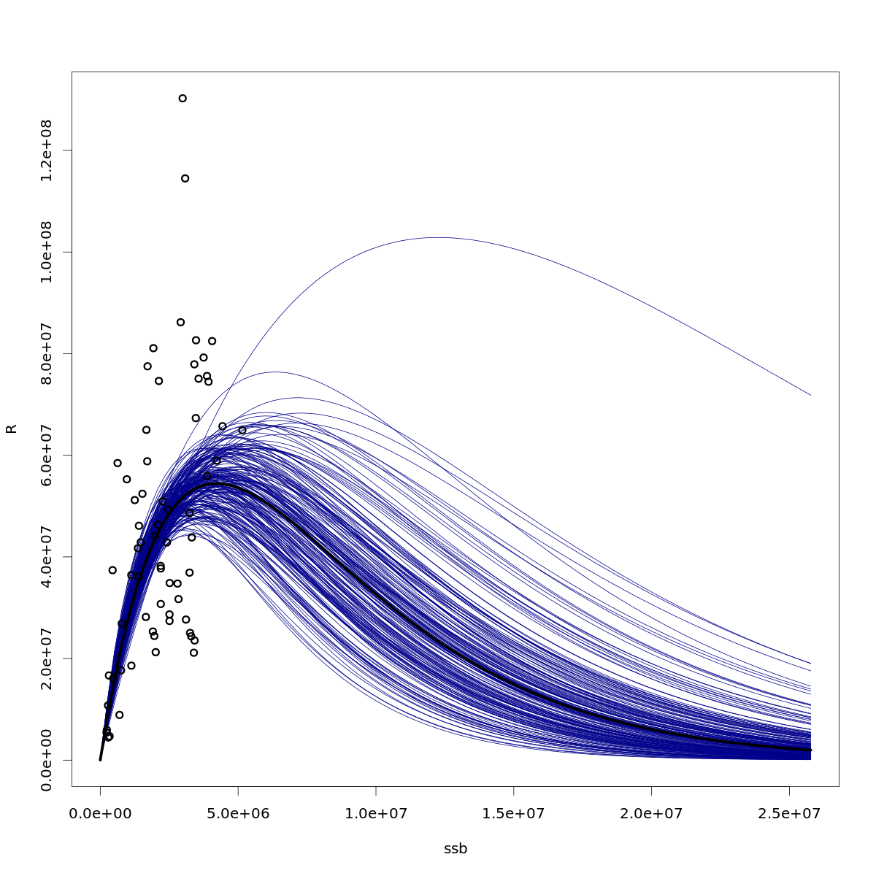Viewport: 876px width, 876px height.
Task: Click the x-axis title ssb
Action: click(456, 849)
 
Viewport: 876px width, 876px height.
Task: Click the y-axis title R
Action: click(12, 429)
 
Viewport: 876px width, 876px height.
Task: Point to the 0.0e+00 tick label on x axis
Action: click(100, 813)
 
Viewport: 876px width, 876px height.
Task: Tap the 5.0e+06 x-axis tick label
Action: click(238, 813)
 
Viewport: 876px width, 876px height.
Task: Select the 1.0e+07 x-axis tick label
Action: click(376, 813)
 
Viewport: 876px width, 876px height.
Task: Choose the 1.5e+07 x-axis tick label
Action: click(513, 813)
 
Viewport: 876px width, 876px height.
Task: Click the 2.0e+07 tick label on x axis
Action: click(651, 813)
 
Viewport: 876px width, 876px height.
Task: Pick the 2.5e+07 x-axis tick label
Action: click(789, 813)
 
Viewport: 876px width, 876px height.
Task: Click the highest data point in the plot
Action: click(182, 98)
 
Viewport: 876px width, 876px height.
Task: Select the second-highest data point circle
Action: click(185, 178)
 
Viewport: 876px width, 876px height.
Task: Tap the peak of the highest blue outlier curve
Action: click(437, 237)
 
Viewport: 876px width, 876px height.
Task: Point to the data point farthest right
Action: click(242, 430)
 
